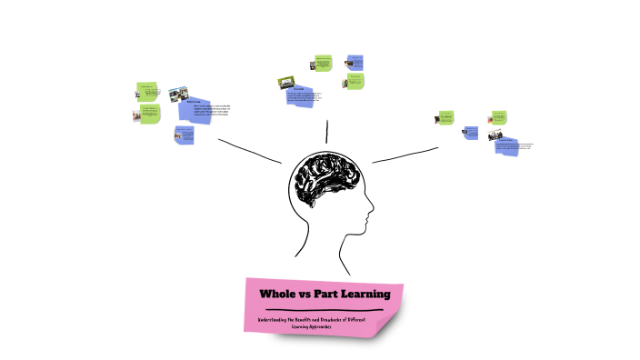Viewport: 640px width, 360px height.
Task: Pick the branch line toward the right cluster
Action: pyautogui.click(x=405, y=155)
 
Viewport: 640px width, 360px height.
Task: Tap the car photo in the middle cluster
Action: pyautogui.click(x=287, y=82)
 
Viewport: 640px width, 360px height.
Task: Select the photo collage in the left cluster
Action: pyautogui.click(x=178, y=94)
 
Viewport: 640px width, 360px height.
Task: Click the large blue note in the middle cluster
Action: pyautogui.click(x=305, y=97)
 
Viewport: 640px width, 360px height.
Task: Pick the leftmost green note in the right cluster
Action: pyautogui.click(x=445, y=117)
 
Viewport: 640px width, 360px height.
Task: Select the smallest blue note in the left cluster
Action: pyautogui.click(x=185, y=135)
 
